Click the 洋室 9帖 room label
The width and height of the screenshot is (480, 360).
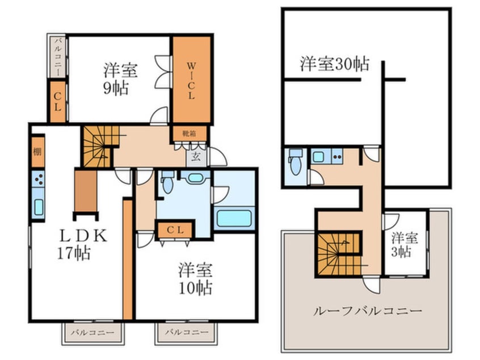(119, 79)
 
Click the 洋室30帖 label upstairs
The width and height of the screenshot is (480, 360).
(334, 64)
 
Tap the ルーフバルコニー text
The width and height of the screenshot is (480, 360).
(367, 311)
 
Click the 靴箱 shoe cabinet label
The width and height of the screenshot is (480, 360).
(190, 133)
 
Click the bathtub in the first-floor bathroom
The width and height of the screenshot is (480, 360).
(234, 218)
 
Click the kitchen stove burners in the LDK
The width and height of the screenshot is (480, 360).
(38, 181)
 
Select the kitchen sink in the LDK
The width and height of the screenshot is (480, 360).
(38, 207)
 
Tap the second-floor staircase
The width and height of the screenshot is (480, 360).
(338, 254)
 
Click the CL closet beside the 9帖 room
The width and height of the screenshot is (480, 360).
(58, 102)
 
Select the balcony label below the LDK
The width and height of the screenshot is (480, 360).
(92, 332)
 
